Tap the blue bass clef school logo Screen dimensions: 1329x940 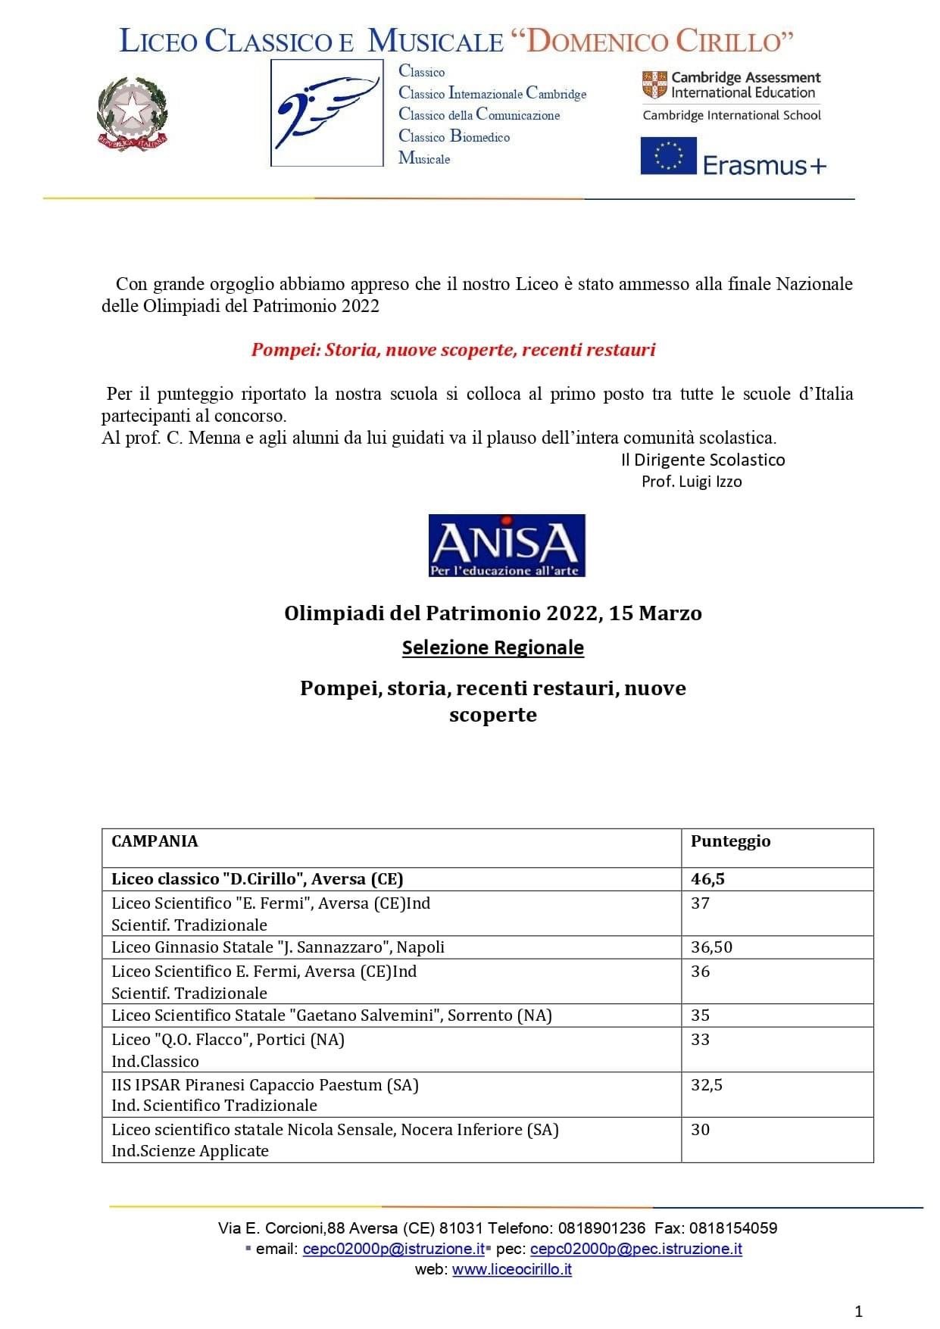coord(327,113)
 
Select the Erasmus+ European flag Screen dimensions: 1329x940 coord(668,156)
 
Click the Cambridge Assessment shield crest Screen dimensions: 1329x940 coord(654,85)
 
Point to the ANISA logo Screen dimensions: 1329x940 coord(507,545)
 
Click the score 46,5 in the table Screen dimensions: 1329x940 coord(707,878)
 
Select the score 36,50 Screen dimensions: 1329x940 coord(711,947)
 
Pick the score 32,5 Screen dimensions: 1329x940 coord(706,1084)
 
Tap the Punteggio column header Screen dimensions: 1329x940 coord(730,841)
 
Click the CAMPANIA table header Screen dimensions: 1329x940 coord(155,841)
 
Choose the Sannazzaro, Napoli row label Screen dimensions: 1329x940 coord(278,947)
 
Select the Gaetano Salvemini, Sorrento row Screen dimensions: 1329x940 coord(332,1015)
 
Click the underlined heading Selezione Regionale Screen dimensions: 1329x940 coord(492,647)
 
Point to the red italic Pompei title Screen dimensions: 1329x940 coord(453,350)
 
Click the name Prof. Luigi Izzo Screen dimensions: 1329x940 coord(692,482)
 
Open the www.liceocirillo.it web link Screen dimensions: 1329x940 coord(511,1270)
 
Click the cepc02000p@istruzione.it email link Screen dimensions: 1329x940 coord(393,1249)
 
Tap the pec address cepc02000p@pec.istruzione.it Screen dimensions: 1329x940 coord(636,1249)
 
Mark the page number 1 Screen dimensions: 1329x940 coord(858,1311)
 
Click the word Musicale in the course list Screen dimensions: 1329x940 coord(424,158)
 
